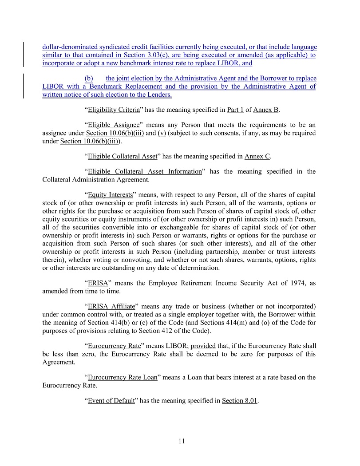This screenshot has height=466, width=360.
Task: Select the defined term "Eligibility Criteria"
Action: (x=114, y=110)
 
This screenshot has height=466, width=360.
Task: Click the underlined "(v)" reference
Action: (x=162, y=133)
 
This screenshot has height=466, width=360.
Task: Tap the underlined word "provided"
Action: (x=202, y=346)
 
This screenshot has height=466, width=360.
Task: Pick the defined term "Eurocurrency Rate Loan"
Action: (x=123, y=377)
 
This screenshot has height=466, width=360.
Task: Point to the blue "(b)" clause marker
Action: (x=89, y=79)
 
